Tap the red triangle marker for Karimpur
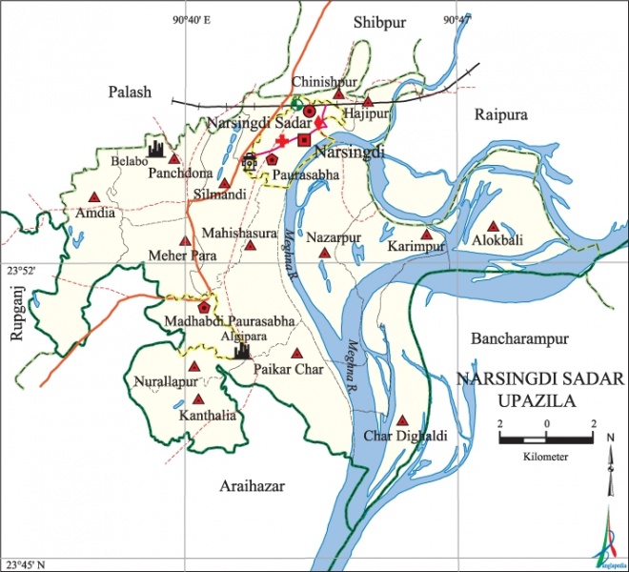point(425,234)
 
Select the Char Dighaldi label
point(404,437)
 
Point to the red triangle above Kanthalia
point(199,400)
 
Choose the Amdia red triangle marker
point(94,196)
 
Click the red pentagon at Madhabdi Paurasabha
point(203,307)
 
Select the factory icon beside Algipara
point(242,350)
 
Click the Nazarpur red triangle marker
point(325,254)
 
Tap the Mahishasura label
point(238,232)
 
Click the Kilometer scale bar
point(545,439)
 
